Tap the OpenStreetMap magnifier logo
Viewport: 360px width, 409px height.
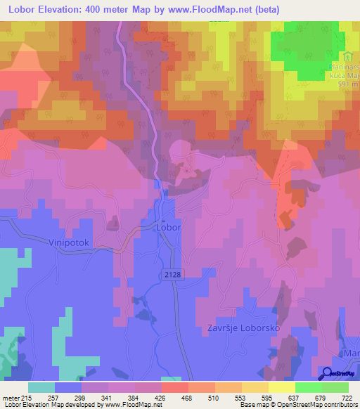(326, 373)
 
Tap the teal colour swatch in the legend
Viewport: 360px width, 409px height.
(41, 387)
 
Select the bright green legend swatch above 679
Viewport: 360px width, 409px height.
(309, 387)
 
